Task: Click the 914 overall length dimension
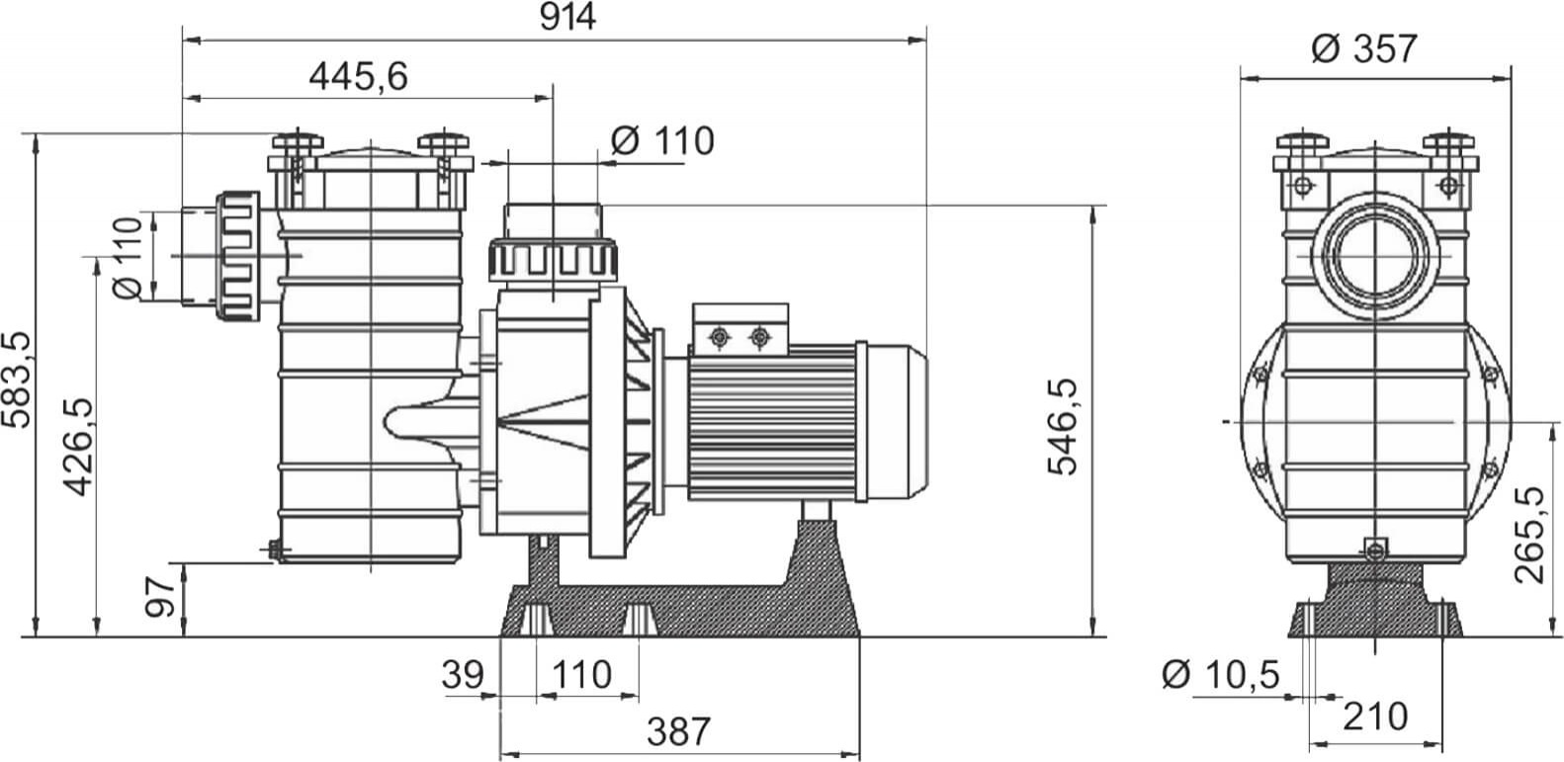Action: [x=567, y=18]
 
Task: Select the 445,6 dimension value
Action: [x=358, y=76]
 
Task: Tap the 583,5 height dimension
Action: [x=17, y=380]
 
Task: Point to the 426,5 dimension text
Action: [x=78, y=448]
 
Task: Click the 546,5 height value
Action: [x=1063, y=427]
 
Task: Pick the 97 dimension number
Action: [x=160, y=597]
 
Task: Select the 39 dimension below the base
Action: [x=463, y=675]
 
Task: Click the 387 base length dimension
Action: [x=678, y=731]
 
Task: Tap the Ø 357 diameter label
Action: [x=1363, y=48]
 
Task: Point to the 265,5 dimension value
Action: [x=1529, y=535]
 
